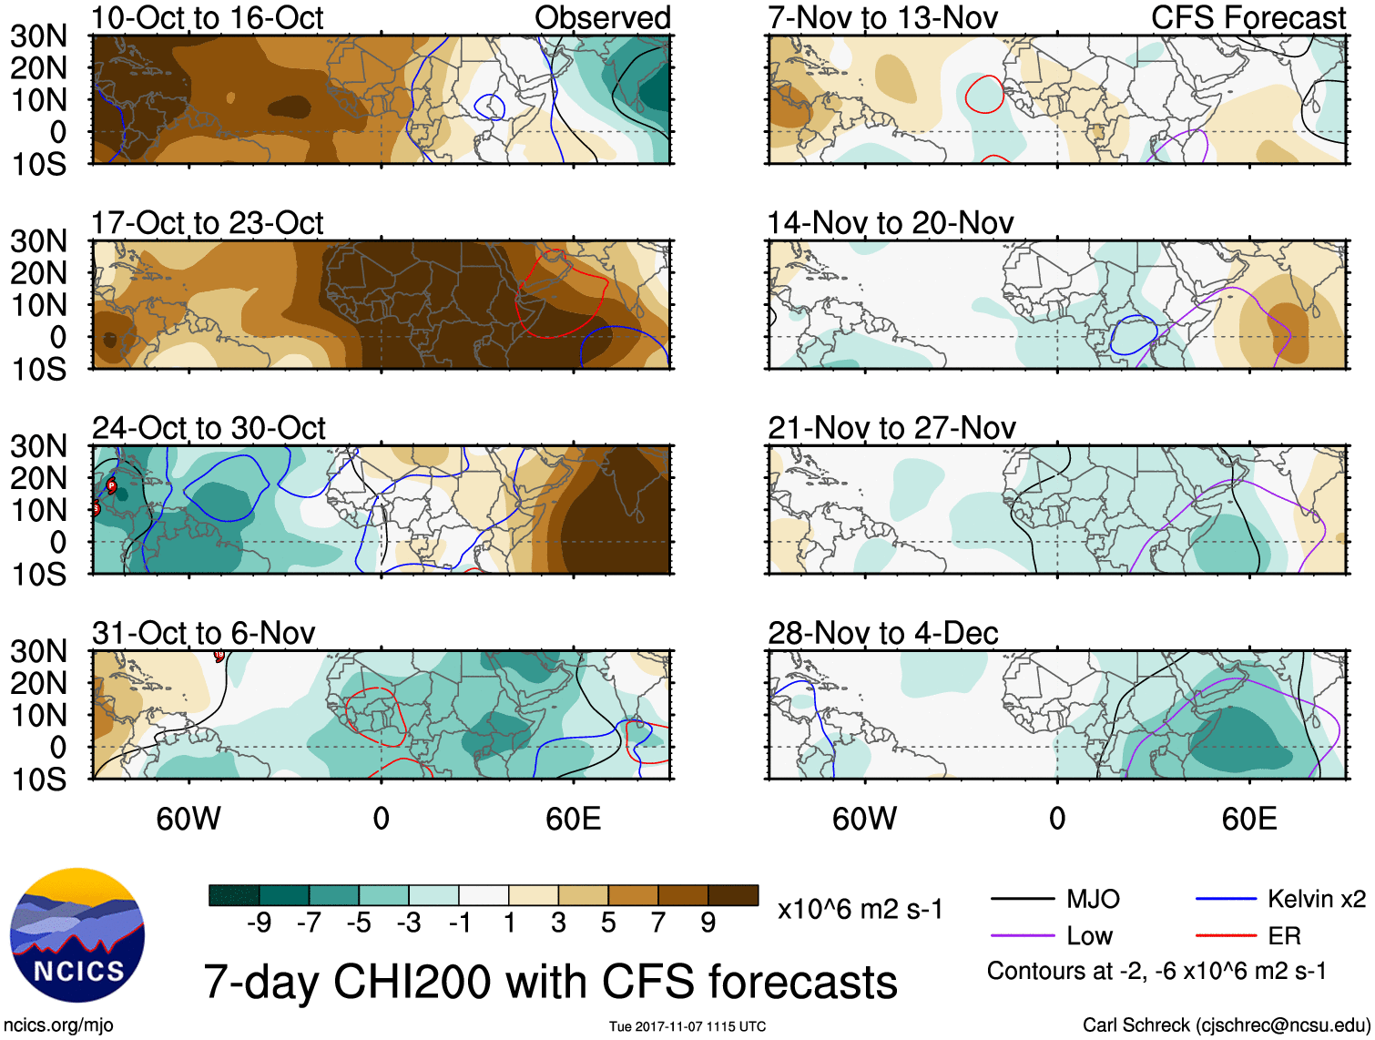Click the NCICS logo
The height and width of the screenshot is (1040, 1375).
pos(77,934)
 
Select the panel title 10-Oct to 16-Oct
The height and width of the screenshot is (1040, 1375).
pos(208,18)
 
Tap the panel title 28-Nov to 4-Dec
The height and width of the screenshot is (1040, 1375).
pos(883,633)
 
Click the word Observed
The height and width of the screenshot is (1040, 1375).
pos(603,18)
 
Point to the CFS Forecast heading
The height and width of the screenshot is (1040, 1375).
pos(1248,18)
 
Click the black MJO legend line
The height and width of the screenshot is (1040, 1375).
pos(1023,900)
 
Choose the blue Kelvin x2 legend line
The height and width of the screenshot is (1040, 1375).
pos(1226,900)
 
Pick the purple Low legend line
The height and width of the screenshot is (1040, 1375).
pos(1023,936)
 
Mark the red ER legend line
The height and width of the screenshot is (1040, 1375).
pos(1226,936)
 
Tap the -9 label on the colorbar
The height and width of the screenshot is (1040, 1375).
pos(259,923)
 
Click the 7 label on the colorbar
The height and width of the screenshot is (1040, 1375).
pos(658,923)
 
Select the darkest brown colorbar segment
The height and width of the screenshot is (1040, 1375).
pos(733,895)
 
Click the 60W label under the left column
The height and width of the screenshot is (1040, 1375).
pos(188,819)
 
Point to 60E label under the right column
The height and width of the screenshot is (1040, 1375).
pos(1249,819)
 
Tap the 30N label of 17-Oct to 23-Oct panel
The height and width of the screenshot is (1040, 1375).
pos(39,241)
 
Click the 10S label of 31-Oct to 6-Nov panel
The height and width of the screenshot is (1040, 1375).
pos(39,780)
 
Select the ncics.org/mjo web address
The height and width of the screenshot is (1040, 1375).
pos(58,1025)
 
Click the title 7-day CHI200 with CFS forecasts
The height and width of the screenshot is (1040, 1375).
pos(550,982)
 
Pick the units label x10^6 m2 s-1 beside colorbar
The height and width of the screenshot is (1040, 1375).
pos(861,909)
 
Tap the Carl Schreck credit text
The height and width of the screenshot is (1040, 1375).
pos(1226,1025)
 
